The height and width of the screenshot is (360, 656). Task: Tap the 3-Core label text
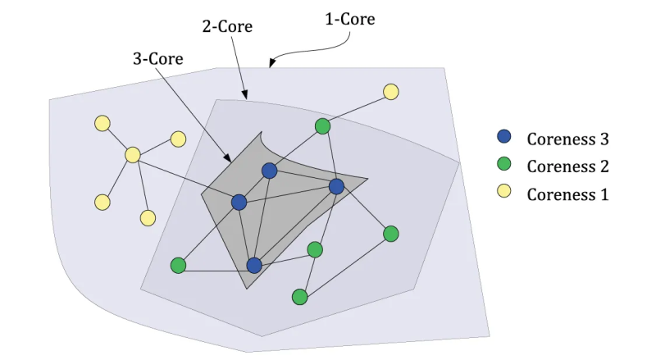(x=157, y=59)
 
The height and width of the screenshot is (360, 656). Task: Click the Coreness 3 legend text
(x=567, y=138)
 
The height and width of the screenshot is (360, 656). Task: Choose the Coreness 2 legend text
(x=567, y=166)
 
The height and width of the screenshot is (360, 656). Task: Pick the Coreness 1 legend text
(x=567, y=194)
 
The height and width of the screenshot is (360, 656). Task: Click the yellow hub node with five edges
(x=133, y=155)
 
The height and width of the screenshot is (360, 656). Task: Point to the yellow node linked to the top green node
(x=391, y=92)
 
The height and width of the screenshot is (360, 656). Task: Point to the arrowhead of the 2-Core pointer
(x=244, y=96)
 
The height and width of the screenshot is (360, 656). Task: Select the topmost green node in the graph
(x=323, y=126)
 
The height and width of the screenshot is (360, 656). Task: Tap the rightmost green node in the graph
(x=391, y=234)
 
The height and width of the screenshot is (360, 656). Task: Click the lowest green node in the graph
(x=300, y=297)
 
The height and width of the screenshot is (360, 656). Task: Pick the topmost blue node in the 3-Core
(x=269, y=171)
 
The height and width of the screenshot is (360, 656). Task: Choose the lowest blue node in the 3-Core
(x=254, y=266)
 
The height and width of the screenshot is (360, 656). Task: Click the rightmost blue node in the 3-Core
(x=336, y=187)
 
